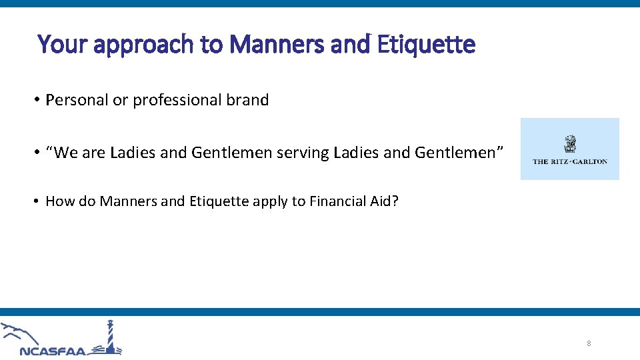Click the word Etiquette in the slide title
pyautogui.click(x=426, y=45)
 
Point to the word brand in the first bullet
pyautogui.click(x=247, y=100)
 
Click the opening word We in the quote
pyautogui.click(x=64, y=153)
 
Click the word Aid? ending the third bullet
pyautogui.click(x=385, y=201)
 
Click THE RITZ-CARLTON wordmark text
pyautogui.click(x=570, y=161)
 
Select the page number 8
pyautogui.click(x=589, y=343)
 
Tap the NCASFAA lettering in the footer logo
pyautogui.click(x=53, y=351)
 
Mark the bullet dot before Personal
pyautogui.click(x=39, y=100)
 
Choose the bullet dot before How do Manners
pyautogui.click(x=39, y=201)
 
